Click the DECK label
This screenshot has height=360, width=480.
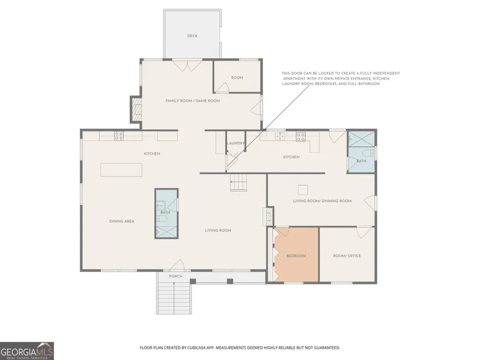(192, 36)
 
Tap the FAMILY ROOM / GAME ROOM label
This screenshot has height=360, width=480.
(193, 101)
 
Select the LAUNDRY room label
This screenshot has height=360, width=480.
(236, 143)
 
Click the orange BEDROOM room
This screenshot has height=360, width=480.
(296, 254)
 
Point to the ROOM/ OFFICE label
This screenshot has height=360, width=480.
(347, 256)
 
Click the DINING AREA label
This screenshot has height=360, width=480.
(122, 222)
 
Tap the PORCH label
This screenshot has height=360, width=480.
(176, 276)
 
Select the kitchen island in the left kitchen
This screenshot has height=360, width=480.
(121, 170)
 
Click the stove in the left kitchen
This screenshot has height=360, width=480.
(119, 136)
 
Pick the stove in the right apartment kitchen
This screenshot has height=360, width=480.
(301, 137)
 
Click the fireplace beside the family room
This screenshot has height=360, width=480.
(137, 109)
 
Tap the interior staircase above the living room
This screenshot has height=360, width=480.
(239, 183)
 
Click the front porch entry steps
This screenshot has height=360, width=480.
(174, 298)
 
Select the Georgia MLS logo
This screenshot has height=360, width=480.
(27, 351)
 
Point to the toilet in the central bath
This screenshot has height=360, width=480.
(162, 218)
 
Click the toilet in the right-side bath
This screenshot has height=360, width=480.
(367, 153)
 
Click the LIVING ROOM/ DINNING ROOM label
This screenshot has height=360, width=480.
(322, 201)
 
